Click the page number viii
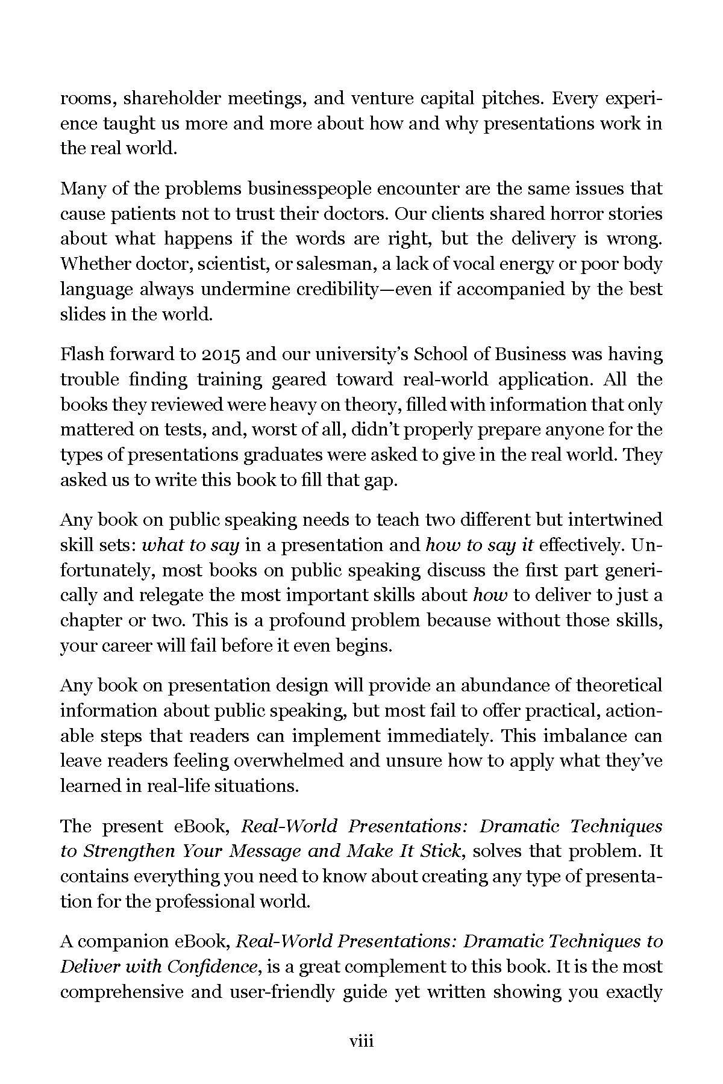tap(361, 1041)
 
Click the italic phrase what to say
tap(190, 545)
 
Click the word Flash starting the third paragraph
tap(81, 354)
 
